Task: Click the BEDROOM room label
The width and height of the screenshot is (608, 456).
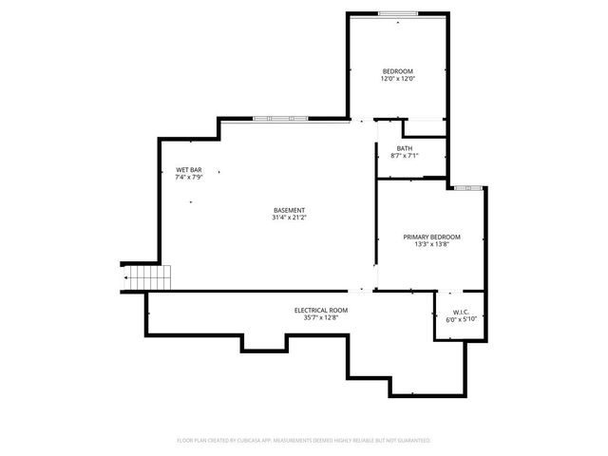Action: [398, 71]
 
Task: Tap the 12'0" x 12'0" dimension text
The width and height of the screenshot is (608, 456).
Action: [398, 79]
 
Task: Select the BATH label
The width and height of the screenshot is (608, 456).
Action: [405, 148]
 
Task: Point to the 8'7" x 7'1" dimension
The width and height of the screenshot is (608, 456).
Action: [405, 156]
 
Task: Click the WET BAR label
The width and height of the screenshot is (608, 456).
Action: [188, 170]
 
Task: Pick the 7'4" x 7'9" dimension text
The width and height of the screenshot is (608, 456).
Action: [188, 178]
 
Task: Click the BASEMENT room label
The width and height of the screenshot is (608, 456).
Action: [289, 210]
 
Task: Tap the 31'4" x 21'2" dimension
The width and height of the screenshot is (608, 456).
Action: [289, 218]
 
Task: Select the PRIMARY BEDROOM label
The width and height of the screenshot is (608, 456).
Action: [431, 237]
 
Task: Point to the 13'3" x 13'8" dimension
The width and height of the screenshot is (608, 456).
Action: [431, 244]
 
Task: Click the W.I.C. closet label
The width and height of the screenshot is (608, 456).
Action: [461, 312]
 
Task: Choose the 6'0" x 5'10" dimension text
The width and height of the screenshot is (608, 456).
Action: [461, 319]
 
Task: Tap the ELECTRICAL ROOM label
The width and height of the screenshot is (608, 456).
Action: [320, 311]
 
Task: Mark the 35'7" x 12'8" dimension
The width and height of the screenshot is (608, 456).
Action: [320, 318]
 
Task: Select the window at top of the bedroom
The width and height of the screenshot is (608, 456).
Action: [398, 13]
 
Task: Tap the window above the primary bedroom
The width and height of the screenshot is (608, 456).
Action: [465, 188]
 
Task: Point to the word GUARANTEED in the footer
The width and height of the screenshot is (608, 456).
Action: [412, 441]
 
